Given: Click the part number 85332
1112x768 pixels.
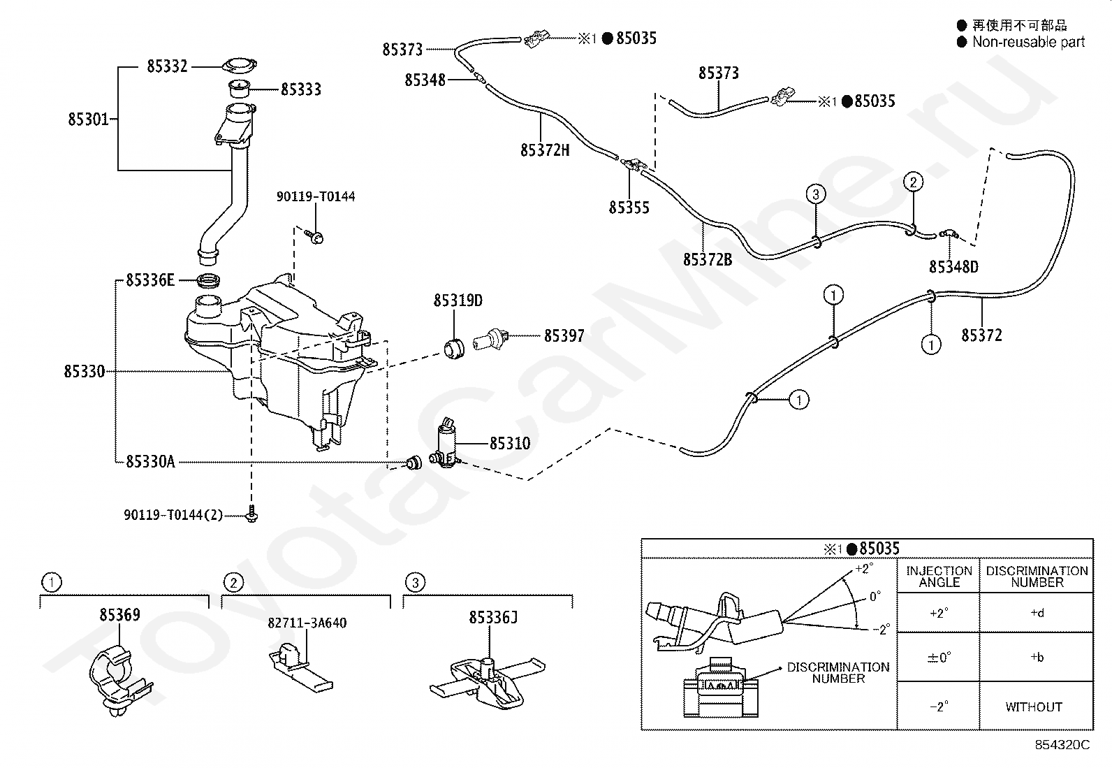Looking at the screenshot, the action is (x=168, y=66).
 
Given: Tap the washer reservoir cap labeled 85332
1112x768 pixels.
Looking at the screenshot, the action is (x=240, y=66).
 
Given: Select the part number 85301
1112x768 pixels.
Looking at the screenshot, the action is (x=88, y=119).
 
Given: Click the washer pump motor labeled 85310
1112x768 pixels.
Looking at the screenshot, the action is (x=447, y=444).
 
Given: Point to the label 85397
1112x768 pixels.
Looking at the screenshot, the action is (x=564, y=336).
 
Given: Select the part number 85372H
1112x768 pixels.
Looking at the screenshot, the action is (x=545, y=150).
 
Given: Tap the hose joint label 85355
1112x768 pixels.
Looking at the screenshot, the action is (x=629, y=207).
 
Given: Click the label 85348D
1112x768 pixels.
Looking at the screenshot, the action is (x=953, y=267).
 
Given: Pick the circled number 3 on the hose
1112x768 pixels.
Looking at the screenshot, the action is (x=816, y=194).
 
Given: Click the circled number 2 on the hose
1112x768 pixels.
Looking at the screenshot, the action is (x=914, y=182).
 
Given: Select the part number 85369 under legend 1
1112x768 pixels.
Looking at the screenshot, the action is (x=119, y=614).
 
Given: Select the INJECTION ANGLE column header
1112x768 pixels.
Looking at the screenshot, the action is (x=939, y=577).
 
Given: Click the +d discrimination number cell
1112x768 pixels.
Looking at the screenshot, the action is (x=1037, y=612).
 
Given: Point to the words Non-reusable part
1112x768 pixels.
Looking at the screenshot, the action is (x=1029, y=42).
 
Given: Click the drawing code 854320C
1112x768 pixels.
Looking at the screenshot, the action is (x=1062, y=745).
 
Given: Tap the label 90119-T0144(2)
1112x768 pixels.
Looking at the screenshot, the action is (x=173, y=514).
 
